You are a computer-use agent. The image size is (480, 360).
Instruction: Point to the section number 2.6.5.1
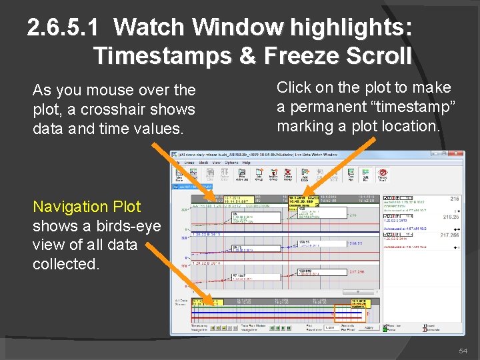tap(64, 28)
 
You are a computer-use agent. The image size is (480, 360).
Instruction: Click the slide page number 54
tap(463, 351)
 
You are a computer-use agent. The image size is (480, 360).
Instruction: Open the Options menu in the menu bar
tap(231, 162)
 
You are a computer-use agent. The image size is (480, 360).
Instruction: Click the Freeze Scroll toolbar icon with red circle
tap(382, 175)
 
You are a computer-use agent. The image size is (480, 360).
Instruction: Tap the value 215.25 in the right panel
tap(452, 217)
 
